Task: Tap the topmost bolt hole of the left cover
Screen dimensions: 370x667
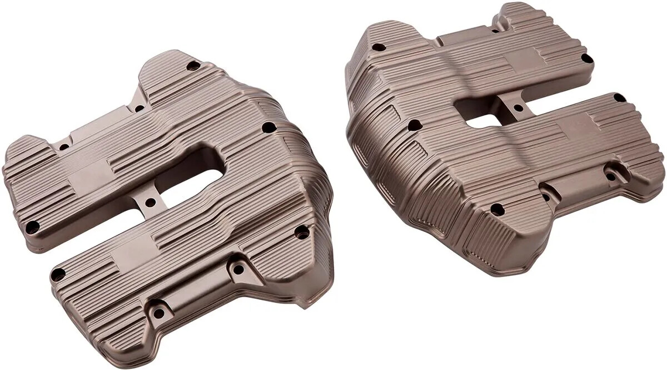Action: pyautogui.click(x=193, y=66)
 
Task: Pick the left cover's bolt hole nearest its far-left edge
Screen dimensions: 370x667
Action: pyautogui.click(x=32, y=226)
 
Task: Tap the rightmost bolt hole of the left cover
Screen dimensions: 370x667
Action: pyautogui.click(x=301, y=232)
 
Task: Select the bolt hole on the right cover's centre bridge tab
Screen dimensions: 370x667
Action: pyautogui.click(x=518, y=108)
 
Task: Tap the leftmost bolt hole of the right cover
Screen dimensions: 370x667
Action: pyautogui.click(x=379, y=47)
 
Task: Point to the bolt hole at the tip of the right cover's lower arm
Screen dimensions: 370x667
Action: pyautogui.click(x=619, y=98)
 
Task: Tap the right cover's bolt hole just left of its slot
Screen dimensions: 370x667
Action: pyautogui.click(x=414, y=125)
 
